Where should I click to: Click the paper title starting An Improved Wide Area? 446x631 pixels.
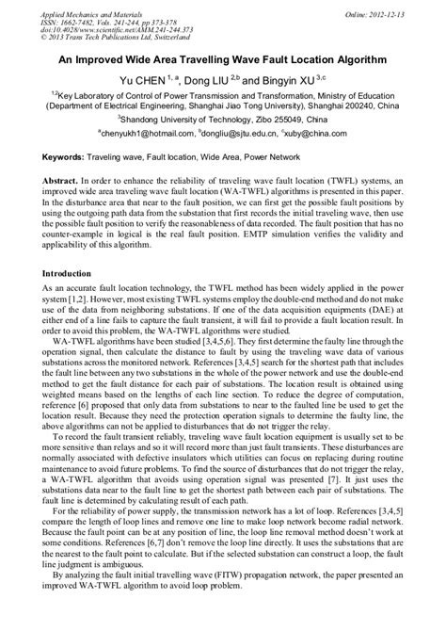(x=222, y=58)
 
